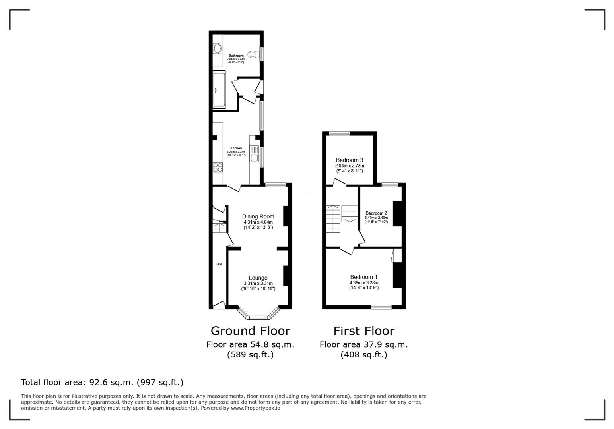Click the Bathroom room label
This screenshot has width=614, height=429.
pos(236,56)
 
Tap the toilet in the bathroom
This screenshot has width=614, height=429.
pos(252,54)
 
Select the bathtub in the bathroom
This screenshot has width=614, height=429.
pos(219,89)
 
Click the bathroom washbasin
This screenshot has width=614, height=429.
pos(217,48)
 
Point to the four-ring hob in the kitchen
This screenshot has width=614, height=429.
pos(218,167)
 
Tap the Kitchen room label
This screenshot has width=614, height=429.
pos(236,148)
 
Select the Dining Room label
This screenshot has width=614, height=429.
pos(258,216)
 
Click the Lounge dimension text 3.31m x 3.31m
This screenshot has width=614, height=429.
pos(258,284)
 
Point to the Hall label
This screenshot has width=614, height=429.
pos(219,264)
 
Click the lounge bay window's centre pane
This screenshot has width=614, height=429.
pos(258,317)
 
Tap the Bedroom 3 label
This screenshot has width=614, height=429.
pos(349,160)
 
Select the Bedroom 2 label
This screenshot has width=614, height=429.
pos(376,213)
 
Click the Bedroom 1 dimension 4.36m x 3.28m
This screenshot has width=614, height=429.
pos(363,283)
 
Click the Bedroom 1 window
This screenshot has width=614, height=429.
pos(381,307)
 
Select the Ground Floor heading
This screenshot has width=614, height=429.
pos(250,331)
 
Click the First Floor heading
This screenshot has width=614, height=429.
pos(363,331)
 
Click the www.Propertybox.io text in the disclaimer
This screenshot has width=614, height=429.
pos(255,408)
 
